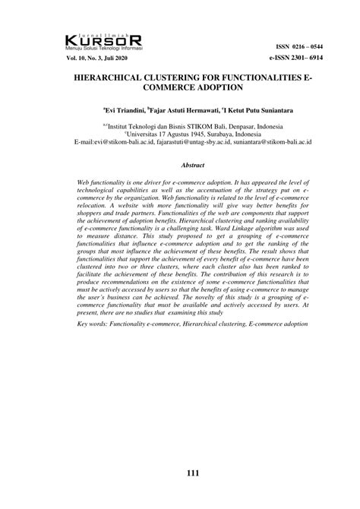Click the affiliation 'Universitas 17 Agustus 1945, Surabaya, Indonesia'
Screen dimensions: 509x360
(x=192, y=131)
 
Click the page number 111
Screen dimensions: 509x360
(x=192, y=473)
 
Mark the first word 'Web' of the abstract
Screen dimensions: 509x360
(x=84, y=184)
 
